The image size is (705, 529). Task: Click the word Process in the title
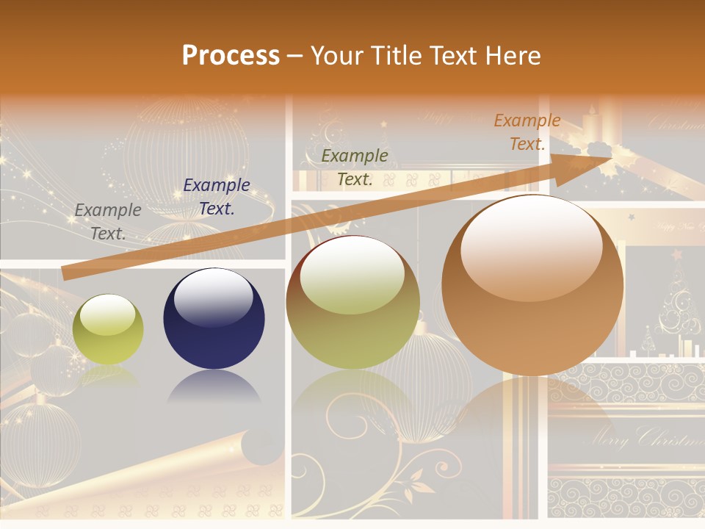(x=231, y=56)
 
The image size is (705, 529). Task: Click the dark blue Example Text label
(x=217, y=197)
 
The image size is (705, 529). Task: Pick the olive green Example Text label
(x=355, y=168)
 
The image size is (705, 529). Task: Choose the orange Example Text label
(x=527, y=132)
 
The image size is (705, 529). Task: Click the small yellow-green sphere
(x=108, y=331)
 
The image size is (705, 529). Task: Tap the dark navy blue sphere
(x=214, y=320)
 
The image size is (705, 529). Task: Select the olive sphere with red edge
(x=352, y=303)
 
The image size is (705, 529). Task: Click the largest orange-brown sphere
(x=532, y=287)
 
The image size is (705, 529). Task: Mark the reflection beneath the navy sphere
(x=214, y=386)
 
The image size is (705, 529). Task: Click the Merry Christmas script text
(x=643, y=440)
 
